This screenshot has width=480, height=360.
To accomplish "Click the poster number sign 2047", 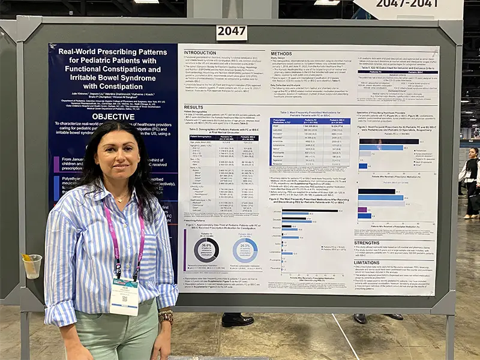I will pos(232,32).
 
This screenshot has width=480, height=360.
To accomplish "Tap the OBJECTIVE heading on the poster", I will pos(113,116).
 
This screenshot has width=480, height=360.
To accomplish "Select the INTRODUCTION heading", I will pos(200,53).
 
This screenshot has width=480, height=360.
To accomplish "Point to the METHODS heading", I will pos(281,53).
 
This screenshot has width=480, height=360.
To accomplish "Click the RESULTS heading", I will pos(193,107).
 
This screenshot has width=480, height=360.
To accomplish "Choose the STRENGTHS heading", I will pos(367,243).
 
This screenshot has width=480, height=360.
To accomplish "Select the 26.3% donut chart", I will pos(245,249).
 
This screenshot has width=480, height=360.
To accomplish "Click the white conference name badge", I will pos(124,296).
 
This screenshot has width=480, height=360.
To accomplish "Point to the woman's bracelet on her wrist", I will pos(166,316).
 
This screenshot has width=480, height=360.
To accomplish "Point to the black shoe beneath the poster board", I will pos(238,320).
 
